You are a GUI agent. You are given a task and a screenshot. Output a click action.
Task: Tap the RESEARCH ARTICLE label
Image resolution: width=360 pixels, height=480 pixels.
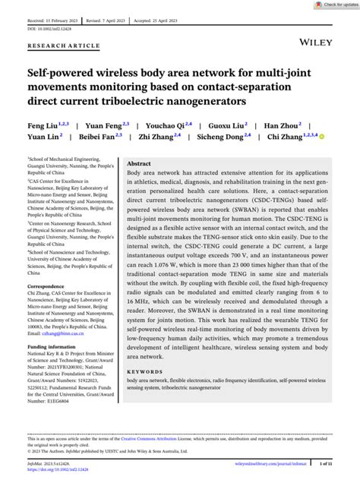[64, 46]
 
